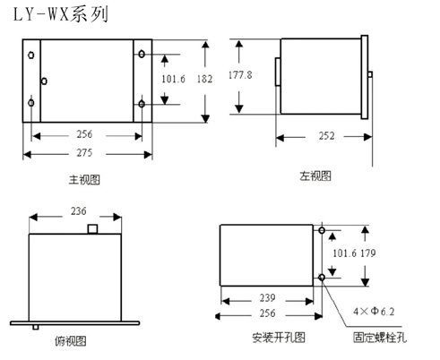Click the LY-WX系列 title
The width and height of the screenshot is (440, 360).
61,14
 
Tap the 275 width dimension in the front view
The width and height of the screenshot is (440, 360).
84,152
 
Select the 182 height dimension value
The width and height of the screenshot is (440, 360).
204,79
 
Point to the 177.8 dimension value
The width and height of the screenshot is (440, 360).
240,74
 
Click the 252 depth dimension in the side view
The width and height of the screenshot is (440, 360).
326,136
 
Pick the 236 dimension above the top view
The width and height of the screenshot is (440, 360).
79,211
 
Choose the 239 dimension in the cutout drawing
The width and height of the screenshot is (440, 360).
267,297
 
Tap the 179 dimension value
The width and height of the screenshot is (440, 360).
367,253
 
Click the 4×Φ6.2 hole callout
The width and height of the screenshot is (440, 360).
374,312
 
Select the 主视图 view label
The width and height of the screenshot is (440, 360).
84,180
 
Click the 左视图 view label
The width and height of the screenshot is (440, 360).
315,176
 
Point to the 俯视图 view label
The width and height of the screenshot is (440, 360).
71,340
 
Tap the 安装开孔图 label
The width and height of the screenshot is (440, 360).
279,338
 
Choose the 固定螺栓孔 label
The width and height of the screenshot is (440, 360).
380,338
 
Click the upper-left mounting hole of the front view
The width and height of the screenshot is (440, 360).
31,55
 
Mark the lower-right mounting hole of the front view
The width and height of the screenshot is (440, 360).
142,104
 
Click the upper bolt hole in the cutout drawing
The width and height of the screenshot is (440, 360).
322,230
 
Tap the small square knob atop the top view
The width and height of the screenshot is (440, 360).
92,229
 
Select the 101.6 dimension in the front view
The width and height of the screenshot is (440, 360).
173,79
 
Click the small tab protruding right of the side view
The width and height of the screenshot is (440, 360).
370,74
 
